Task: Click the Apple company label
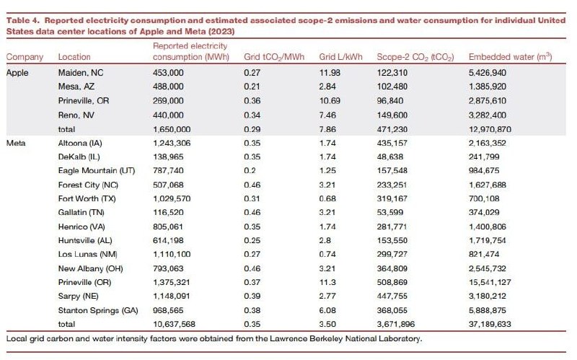tap(17, 73)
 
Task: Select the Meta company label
tap(16, 143)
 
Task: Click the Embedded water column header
tap(510, 57)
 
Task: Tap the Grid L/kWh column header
tap(340, 57)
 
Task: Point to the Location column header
tap(74, 57)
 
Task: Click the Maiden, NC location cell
tap(81, 73)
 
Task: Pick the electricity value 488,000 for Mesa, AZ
tap(168, 87)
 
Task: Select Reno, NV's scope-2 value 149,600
tap(392, 115)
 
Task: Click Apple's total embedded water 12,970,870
tap(490, 129)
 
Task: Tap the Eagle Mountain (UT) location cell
tap(97, 170)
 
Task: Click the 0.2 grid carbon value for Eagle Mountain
tap(250, 170)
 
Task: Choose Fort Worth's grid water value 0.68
tap(327, 198)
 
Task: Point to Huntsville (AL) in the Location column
tap(85, 240)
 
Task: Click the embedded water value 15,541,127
tap(490, 282)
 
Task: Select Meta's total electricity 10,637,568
tap(174, 324)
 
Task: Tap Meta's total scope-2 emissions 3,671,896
tap(395, 324)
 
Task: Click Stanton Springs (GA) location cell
tap(98, 310)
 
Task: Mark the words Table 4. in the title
tap(22, 20)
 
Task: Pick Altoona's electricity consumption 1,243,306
tap(172, 143)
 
